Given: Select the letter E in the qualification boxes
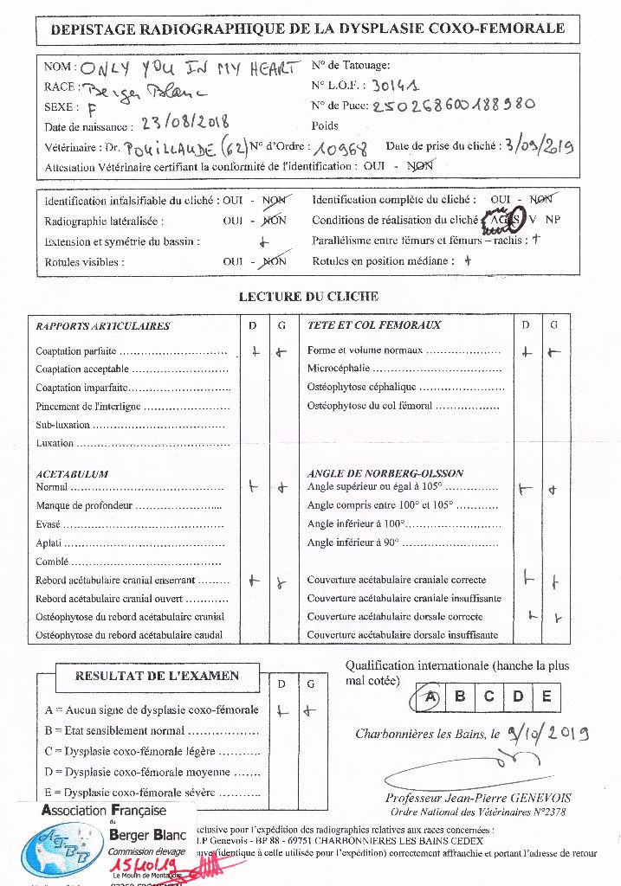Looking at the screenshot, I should (546, 697).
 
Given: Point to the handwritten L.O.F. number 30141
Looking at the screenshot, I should (396, 86).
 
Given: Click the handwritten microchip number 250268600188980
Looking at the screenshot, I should (453, 106).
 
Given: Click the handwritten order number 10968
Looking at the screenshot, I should (345, 146).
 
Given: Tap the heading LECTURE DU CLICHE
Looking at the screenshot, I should (308, 297).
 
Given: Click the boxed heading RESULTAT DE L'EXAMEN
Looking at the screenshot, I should (156, 676).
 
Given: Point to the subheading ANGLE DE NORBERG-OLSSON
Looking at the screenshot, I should (385, 473).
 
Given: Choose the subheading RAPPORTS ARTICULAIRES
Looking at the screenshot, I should (103, 326).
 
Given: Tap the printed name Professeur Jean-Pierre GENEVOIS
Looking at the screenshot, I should (478, 798).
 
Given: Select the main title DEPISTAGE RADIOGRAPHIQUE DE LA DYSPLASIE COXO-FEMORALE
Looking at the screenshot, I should (308, 29).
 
